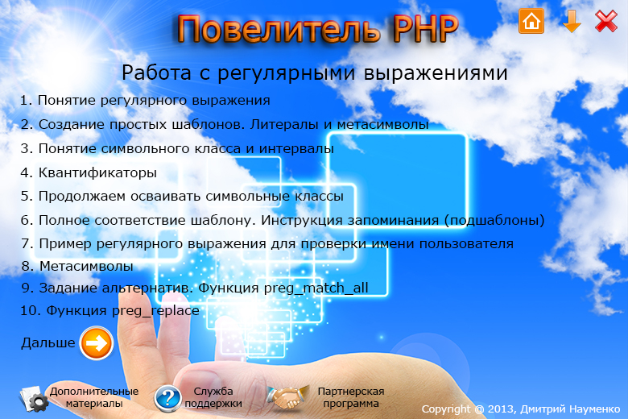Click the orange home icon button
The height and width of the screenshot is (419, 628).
tap(531, 21)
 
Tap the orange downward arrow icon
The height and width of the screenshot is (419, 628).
tap(572, 21)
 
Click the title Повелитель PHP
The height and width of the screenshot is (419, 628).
tap(317, 29)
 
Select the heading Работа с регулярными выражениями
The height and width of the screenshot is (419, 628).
tap(314, 73)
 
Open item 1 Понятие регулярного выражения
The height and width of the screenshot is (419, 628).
tap(146, 100)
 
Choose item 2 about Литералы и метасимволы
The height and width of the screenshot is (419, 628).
tap(225, 124)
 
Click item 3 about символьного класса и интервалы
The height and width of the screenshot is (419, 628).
tap(177, 149)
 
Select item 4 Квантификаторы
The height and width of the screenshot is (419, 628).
tap(89, 172)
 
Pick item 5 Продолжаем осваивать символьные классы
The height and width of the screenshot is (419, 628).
tap(182, 197)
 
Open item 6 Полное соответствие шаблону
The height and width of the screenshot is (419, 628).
tap(283, 220)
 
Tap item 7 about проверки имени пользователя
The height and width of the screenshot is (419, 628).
tap(267, 244)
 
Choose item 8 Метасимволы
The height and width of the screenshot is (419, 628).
tap(77, 266)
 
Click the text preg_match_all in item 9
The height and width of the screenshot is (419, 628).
tap(316, 288)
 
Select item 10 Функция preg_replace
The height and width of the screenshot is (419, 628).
tap(109, 311)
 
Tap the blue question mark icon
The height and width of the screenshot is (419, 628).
tap(167, 399)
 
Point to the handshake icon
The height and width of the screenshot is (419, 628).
tap(287, 397)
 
